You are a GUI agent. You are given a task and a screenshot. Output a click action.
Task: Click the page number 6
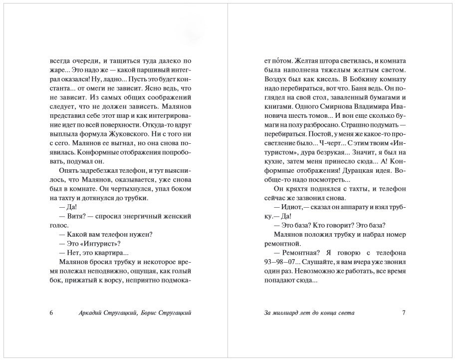tap(51, 313)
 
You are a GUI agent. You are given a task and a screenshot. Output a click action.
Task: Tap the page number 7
tap(404, 313)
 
